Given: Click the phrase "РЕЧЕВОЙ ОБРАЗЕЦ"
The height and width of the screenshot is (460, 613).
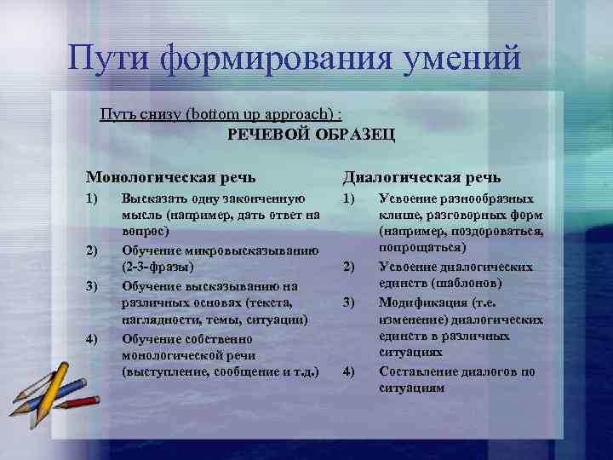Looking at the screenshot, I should pyautogui.click(x=311, y=134).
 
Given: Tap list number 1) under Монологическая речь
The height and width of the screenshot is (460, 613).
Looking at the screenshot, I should pyautogui.click(x=91, y=198).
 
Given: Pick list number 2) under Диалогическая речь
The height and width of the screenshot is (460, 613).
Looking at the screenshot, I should pyautogui.click(x=348, y=267).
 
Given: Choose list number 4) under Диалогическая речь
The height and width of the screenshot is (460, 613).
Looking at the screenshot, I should pyautogui.click(x=348, y=371).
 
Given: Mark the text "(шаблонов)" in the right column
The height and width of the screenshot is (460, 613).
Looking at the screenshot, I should pyautogui.click(x=461, y=283).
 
